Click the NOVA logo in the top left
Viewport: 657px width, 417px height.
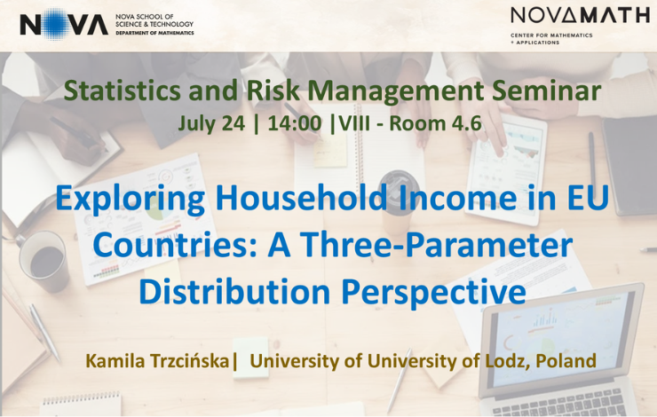tap(64, 24)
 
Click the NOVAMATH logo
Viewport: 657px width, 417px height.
tap(580, 16)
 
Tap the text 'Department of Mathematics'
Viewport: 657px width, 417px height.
tap(154, 33)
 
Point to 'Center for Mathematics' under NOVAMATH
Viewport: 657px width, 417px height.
tap(551, 35)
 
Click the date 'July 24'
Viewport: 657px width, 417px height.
tap(211, 124)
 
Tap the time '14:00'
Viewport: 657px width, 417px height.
tap(295, 123)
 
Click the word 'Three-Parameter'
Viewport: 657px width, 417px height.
tap(420, 245)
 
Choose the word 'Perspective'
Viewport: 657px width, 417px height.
tap(433, 293)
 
